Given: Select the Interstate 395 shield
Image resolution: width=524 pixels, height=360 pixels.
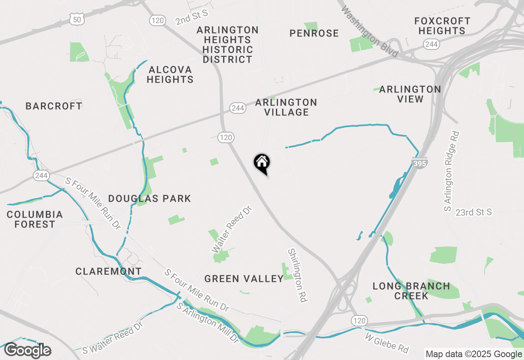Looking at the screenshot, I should coord(420,163).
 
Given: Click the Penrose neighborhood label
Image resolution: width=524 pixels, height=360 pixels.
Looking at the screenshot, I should coord(314,34).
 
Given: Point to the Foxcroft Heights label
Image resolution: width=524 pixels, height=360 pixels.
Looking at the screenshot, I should coord(442,26).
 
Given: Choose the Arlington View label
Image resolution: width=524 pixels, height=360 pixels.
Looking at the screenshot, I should coord(410,94).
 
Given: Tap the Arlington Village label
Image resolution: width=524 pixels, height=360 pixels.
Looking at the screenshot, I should coord(286,107).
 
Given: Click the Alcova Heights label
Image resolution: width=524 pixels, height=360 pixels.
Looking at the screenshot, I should coord(170,74).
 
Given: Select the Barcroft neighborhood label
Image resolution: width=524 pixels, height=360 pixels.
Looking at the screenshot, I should coord(54,106).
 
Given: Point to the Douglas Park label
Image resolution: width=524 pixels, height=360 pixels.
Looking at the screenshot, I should coord(149,199).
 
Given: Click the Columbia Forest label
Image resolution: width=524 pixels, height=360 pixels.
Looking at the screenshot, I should coord(35,219).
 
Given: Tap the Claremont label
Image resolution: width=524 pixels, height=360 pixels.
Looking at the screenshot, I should coord(108,271).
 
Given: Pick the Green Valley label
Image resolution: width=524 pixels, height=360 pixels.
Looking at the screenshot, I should coord(244,279).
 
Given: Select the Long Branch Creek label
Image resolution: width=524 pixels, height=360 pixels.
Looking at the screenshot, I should coord(411,291).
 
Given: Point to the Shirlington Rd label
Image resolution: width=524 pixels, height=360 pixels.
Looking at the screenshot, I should coord(298,275).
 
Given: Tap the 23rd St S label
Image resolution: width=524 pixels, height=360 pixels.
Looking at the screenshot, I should coord(474,213).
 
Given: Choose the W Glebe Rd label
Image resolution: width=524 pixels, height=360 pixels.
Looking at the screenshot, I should coord(387,343).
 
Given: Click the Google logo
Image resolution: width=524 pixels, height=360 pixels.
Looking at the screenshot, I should coord(27,351).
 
